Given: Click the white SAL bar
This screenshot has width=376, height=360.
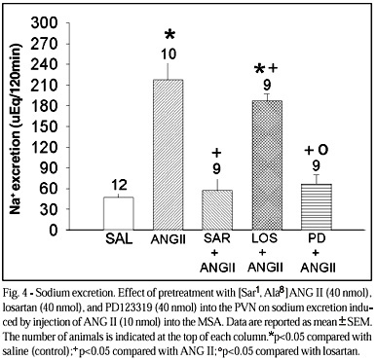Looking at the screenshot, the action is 119,213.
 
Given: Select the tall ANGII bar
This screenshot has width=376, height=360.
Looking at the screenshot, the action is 169,155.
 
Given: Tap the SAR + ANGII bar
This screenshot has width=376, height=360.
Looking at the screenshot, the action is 217,210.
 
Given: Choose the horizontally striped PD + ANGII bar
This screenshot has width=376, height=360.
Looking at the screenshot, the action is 317,206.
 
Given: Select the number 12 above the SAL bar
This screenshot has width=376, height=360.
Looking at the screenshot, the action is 118,185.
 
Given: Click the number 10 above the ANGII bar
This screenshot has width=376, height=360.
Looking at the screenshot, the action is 168,54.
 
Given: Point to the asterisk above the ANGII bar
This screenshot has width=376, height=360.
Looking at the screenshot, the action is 169,35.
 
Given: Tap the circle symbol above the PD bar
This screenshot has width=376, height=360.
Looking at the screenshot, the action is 323,150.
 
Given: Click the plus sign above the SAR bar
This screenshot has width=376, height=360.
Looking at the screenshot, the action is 216,152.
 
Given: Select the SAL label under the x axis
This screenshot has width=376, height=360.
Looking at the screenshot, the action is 119,239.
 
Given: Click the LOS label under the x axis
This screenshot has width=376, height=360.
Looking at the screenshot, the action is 265,237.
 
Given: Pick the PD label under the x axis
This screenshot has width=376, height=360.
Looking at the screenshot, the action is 318,238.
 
